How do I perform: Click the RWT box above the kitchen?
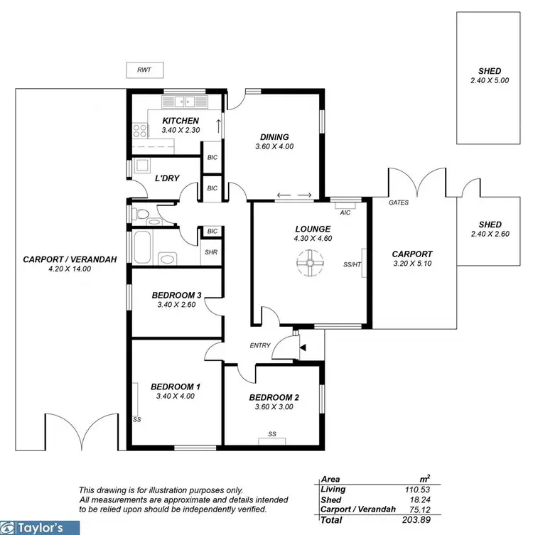click(x=145, y=70)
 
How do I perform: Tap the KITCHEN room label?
click(x=181, y=121)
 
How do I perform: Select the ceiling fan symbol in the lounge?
click(x=310, y=264)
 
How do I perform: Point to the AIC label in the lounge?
click(x=345, y=212)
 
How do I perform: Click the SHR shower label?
click(x=210, y=252)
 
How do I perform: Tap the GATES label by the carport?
click(x=398, y=202)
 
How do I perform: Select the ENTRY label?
click(x=260, y=345)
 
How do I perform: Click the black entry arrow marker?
click(x=303, y=347)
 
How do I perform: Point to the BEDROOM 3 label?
click(x=176, y=295)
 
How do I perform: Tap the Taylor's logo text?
click(x=45, y=528)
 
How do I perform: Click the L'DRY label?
click(x=166, y=178)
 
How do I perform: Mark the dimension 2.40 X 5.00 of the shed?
click(x=490, y=81)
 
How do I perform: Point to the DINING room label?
click(x=274, y=137)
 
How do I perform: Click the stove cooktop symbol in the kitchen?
click(x=139, y=130)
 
